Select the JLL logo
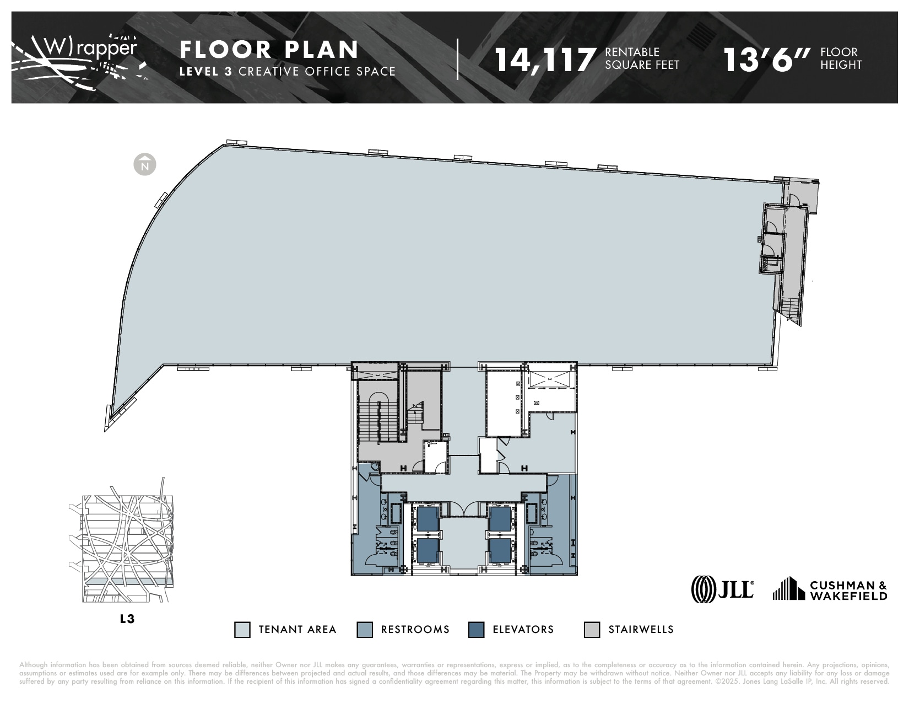[722, 588]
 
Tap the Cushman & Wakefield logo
[830, 589]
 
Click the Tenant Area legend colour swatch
[242, 630]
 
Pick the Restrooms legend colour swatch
[365, 630]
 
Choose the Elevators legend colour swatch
[476, 630]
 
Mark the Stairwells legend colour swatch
[592, 630]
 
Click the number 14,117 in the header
[545, 59]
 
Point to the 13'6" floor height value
[767, 59]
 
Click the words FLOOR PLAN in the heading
[269, 50]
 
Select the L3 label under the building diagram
[127, 619]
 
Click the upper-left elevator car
[428, 518]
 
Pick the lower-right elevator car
[501, 550]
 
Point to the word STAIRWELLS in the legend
[641, 630]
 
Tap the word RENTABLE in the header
[632, 52]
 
